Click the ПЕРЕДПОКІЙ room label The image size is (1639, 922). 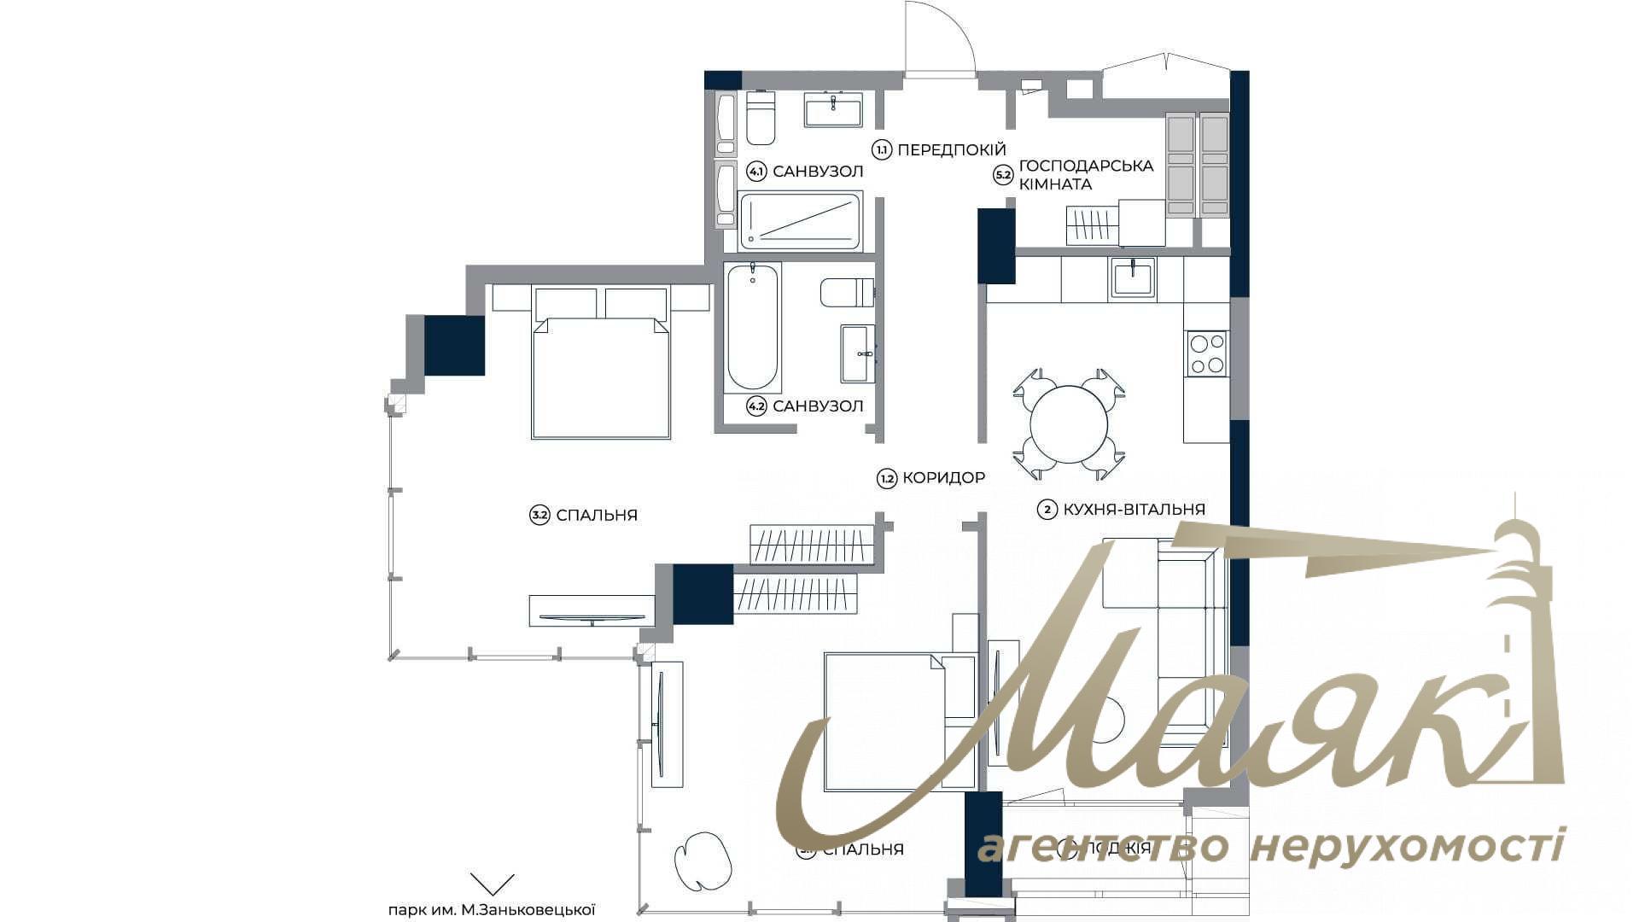click(952, 149)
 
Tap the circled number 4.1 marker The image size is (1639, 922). click(755, 172)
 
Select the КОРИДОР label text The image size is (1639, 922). click(943, 478)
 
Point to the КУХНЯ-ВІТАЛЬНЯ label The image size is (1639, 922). click(1134, 510)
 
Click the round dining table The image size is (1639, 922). click(1069, 424)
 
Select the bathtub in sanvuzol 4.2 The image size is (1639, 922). click(752, 327)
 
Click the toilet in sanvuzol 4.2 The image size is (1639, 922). click(846, 293)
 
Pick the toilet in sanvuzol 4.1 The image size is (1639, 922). click(761, 118)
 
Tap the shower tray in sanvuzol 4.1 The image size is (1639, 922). click(800, 221)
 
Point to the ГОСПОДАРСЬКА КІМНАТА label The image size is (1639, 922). click(1086, 174)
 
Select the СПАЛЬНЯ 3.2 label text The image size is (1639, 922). click(596, 516)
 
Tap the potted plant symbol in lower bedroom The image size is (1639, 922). click(703, 861)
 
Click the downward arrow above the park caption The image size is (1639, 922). click(493, 884)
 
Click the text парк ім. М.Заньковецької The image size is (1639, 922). click(491, 910)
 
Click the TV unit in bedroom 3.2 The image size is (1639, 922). click(592, 611)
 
